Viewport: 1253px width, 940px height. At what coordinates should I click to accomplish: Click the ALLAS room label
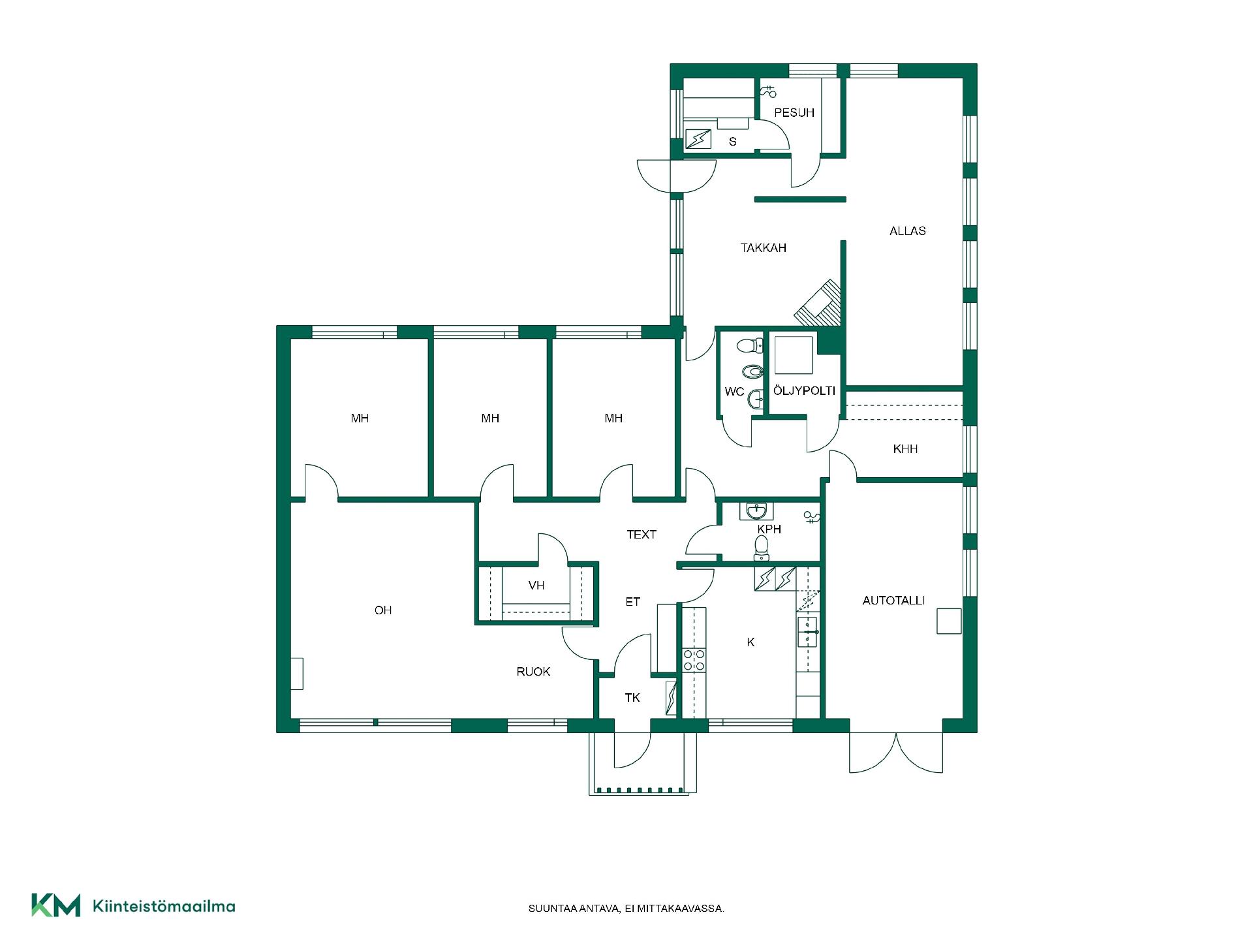pyautogui.click(x=907, y=231)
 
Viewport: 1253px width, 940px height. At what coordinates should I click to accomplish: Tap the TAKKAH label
pyautogui.click(x=763, y=248)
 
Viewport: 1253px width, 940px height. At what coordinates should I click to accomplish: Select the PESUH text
pyautogui.click(x=794, y=113)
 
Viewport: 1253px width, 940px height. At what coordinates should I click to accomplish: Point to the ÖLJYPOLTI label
pyautogui.click(x=804, y=391)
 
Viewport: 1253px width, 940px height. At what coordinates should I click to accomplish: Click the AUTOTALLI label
pyautogui.click(x=893, y=601)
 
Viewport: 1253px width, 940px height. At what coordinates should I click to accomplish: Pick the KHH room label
pyautogui.click(x=905, y=449)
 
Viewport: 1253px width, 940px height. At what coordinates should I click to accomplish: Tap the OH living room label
pyautogui.click(x=383, y=610)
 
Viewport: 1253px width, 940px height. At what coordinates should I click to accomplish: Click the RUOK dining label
pyautogui.click(x=533, y=672)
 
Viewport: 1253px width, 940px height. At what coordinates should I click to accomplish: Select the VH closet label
pyautogui.click(x=536, y=586)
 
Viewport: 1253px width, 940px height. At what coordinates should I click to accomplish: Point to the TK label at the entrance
pyautogui.click(x=632, y=698)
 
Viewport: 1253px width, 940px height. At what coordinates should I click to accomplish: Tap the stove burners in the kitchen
pyautogui.click(x=694, y=660)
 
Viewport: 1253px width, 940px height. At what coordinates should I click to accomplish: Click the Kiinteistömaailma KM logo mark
pyautogui.click(x=56, y=905)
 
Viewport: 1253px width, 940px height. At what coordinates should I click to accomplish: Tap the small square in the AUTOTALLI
pyautogui.click(x=949, y=621)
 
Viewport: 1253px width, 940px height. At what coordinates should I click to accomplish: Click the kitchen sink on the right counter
pyautogui.click(x=808, y=631)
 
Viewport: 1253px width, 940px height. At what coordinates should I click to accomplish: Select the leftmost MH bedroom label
pyautogui.click(x=360, y=418)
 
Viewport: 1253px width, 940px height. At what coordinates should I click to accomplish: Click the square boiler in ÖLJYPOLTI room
pyautogui.click(x=794, y=354)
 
